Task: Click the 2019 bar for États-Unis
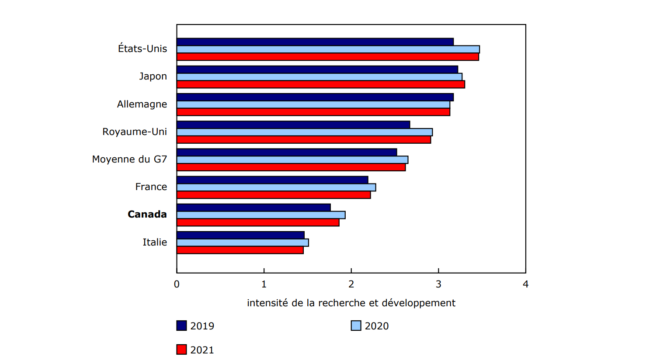pos(315,42)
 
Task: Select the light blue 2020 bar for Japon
pos(319,77)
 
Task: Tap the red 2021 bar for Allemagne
pos(313,112)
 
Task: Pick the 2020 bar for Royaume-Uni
pos(304,132)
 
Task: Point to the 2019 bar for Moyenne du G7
pos(286,152)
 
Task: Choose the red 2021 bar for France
pos(273,195)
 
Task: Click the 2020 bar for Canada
pos(261,215)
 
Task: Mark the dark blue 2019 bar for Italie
pos(240,235)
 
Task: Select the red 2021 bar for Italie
pos(240,250)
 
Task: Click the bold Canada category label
pos(147,215)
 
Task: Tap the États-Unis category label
pos(142,48)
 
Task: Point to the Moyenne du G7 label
pos(129,159)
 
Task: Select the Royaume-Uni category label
pos(135,132)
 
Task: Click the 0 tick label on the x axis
pos(177,284)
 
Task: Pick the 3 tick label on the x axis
pos(438,284)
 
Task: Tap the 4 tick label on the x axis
pos(525,284)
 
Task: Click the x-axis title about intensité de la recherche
pos(351,303)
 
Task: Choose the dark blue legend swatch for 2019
pos(181,326)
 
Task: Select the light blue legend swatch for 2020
pos(356,326)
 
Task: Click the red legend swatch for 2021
pos(181,350)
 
